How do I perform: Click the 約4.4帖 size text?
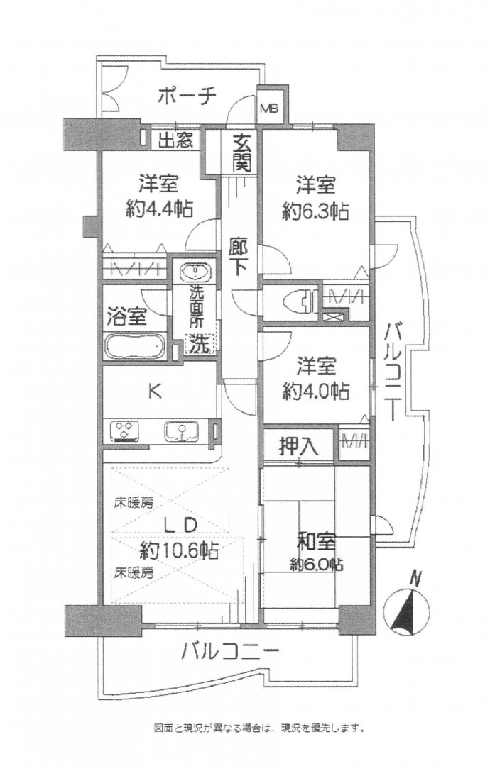pyautogui.click(x=158, y=209)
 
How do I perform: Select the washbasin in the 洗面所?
pyautogui.click(x=196, y=272)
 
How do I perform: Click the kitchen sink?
pyautogui.click(x=181, y=431)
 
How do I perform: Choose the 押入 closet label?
pyautogui.click(x=299, y=446)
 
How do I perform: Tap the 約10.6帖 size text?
pyautogui.click(x=179, y=550)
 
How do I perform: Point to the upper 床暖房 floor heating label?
pyautogui.click(x=134, y=502)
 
